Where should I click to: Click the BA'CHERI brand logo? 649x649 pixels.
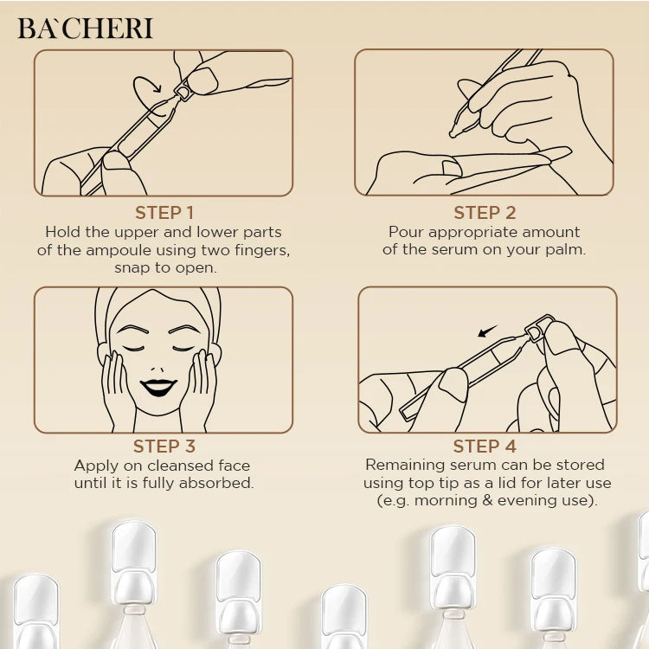click(86, 29)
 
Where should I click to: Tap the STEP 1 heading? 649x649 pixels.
click(164, 213)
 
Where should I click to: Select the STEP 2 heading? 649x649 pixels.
click(485, 213)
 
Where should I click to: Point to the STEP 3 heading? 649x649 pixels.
click(164, 447)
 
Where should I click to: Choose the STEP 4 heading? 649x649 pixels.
click(485, 447)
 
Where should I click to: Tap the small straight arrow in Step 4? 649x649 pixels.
click(487, 331)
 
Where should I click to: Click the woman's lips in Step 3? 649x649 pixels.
click(158, 387)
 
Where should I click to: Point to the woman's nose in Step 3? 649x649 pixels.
click(157, 368)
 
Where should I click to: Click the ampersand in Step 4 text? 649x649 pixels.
click(487, 500)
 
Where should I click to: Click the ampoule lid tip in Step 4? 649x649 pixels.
click(537, 327)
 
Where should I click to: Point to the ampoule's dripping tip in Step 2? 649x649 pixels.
click(454, 132)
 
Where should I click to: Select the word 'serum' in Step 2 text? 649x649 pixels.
click(448, 250)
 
